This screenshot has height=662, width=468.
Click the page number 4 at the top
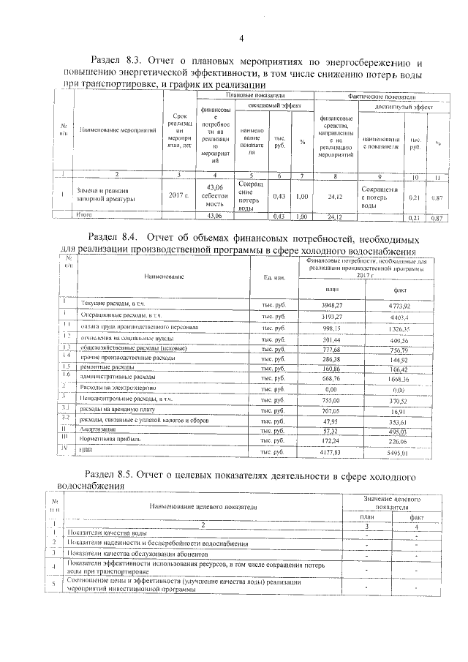[x=241, y=39]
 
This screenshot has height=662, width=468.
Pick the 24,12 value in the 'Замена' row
[x=334, y=195]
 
